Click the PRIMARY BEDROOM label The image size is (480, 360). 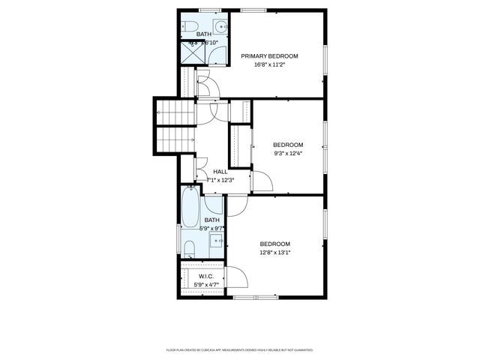(269, 56)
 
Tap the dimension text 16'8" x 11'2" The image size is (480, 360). (269, 64)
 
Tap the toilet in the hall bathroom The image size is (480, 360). (189, 247)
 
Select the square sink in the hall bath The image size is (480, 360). (215, 241)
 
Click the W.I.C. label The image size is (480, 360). (206, 276)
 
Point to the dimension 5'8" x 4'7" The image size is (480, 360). (206, 284)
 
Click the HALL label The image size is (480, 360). (220, 172)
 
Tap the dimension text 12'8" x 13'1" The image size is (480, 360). (274, 252)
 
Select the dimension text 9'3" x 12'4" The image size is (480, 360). (288, 153)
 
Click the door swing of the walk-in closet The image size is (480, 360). (239, 277)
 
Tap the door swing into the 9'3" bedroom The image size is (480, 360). (262, 181)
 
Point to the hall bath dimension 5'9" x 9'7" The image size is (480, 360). (212, 228)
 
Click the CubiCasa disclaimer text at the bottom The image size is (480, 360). (239, 349)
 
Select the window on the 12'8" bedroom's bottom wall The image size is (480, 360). (255, 298)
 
